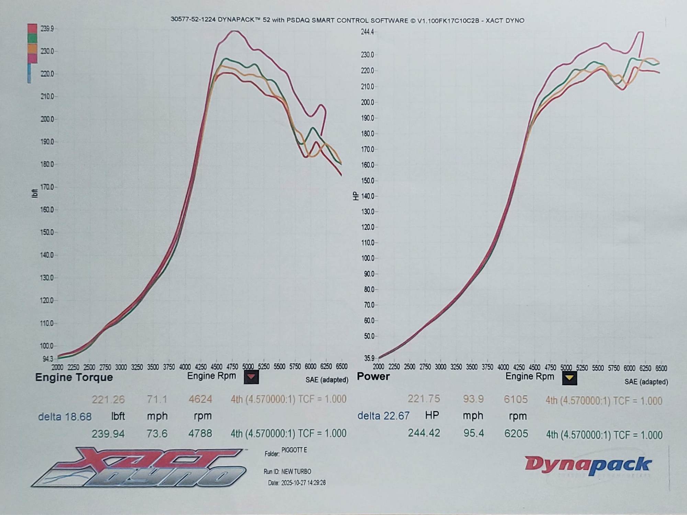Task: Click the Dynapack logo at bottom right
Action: point(588,465)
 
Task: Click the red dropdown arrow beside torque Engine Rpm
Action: point(251,377)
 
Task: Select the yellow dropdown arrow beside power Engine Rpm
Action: point(570,378)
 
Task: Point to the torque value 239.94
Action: point(108,434)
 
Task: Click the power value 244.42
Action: point(424,433)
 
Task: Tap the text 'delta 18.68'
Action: point(65,417)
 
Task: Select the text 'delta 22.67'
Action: point(383,416)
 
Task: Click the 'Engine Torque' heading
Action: point(74,377)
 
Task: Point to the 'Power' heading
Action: point(373,376)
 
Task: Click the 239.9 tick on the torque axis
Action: point(47,29)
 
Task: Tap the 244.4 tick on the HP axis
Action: point(367,32)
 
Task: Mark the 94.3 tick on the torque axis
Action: point(48,359)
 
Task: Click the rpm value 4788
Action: point(200,434)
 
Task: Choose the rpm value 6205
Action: point(516,434)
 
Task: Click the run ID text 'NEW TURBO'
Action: point(296,471)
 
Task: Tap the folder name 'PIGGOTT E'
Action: point(294,450)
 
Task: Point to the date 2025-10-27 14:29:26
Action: point(303,483)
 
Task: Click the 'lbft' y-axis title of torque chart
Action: point(34,193)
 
